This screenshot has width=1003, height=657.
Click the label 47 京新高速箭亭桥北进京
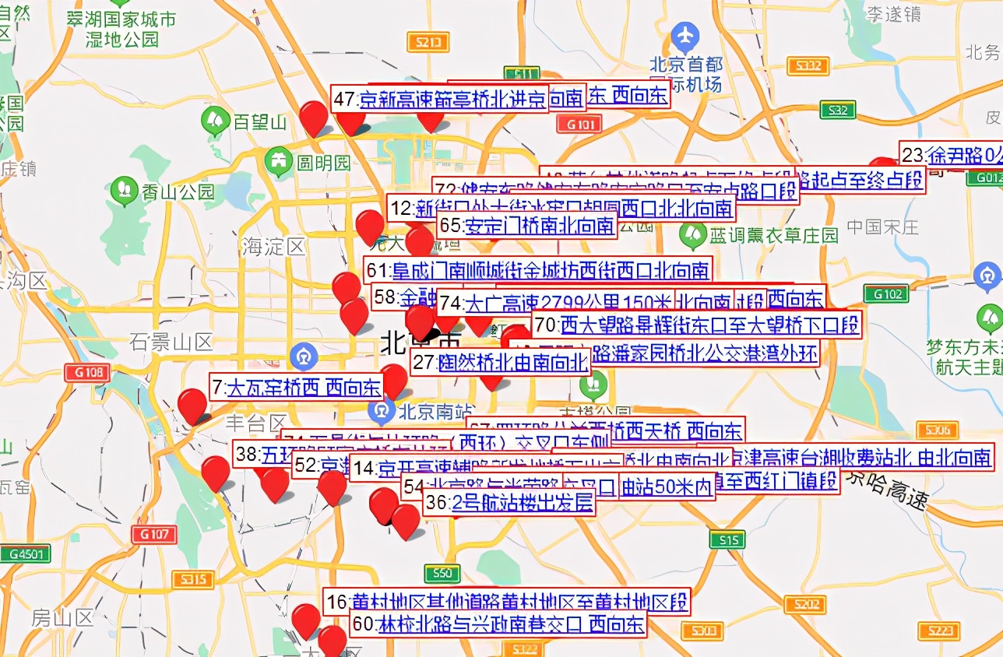[440, 100]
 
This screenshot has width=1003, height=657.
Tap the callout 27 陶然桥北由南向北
[500, 363]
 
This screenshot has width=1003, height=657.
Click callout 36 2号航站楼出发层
[510, 503]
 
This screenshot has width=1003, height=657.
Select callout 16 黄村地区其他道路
[507, 602]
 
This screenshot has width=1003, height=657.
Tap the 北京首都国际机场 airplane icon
[685, 36]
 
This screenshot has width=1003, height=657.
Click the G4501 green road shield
[25, 554]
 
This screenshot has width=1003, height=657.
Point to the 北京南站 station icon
[382, 408]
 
